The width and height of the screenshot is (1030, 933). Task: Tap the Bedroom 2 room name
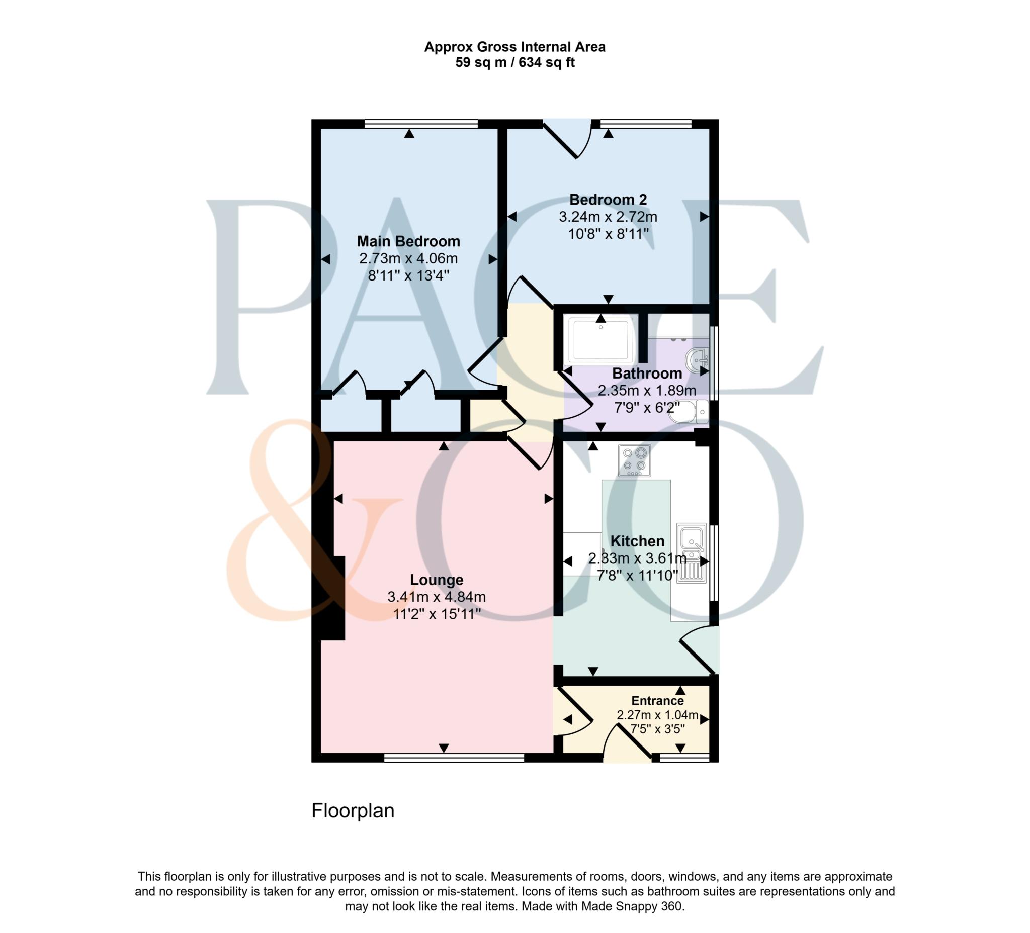click(608, 199)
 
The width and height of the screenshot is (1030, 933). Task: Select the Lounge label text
click(437, 580)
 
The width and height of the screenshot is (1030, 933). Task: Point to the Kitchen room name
click(637, 541)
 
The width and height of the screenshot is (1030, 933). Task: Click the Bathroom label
click(647, 374)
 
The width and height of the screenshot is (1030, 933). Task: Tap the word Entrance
click(657, 701)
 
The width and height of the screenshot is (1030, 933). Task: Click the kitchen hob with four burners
click(634, 460)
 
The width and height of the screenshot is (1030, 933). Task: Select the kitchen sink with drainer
click(691, 552)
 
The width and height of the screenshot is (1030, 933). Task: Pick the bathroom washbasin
click(698, 359)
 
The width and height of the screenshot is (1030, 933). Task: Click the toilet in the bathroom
click(689, 412)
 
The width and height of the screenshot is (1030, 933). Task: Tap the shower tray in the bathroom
click(601, 340)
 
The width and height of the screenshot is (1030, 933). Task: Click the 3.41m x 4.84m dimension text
click(437, 597)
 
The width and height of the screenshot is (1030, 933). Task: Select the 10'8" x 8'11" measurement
click(608, 234)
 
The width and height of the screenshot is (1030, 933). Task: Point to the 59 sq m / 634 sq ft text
click(515, 62)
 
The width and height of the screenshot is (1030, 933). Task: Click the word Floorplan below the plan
click(353, 810)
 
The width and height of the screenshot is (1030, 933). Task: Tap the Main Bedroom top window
click(421, 123)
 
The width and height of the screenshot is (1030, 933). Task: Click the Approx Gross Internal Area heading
click(515, 47)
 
